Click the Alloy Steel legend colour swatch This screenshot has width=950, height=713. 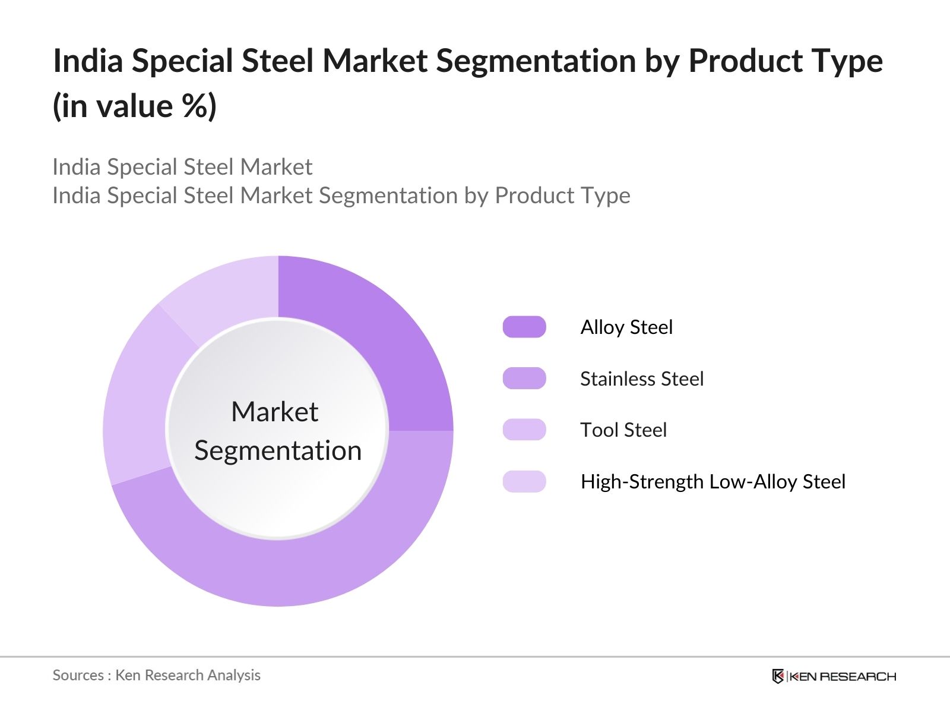pyautogui.click(x=524, y=327)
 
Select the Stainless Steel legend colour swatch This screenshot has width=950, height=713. pyautogui.click(x=524, y=378)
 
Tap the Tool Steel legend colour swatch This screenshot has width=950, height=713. pyautogui.click(x=524, y=430)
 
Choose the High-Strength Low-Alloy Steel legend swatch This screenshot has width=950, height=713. pyautogui.click(x=524, y=481)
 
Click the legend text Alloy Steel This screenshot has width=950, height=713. pyautogui.click(x=626, y=327)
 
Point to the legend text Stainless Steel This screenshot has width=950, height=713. pyautogui.click(x=642, y=379)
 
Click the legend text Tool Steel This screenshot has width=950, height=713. pyautogui.click(x=623, y=430)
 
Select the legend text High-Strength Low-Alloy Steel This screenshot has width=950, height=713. pyautogui.click(x=712, y=482)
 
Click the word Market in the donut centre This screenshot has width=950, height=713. pyautogui.click(x=275, y=412)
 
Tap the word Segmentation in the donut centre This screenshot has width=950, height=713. pyautogui.click(x=278, y=451)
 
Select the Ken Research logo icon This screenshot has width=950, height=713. pyautogui.click(x=778, y=676)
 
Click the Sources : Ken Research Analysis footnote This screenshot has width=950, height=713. pyautogui.click(x=156, y=676)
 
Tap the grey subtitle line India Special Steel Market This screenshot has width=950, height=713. pyautogui.click(x=182, y=168)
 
